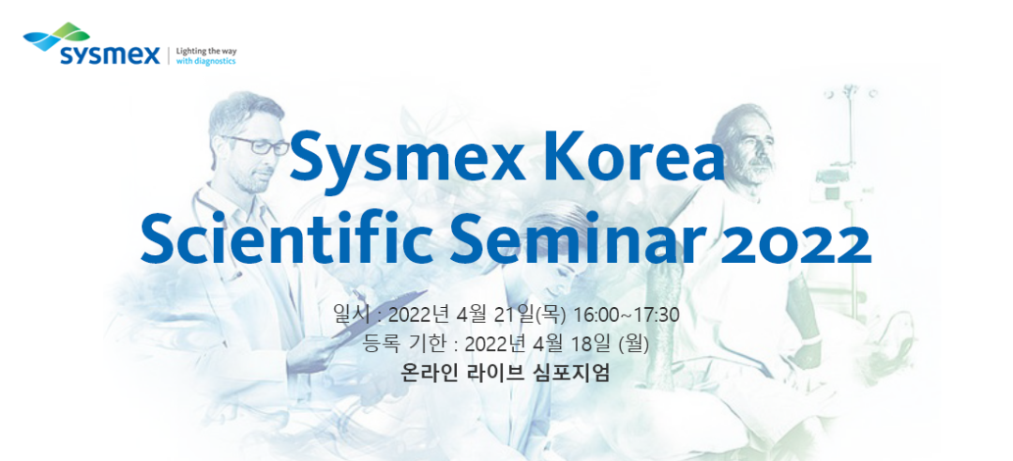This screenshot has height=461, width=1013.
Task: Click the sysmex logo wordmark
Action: pos(110,55)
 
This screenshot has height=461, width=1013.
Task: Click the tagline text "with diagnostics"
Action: pos(206,62)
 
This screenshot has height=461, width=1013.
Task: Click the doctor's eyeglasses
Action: pos(256,145)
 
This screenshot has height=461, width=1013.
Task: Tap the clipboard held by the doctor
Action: pos(378,314)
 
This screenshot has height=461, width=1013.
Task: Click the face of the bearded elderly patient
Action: pos(751,146)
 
